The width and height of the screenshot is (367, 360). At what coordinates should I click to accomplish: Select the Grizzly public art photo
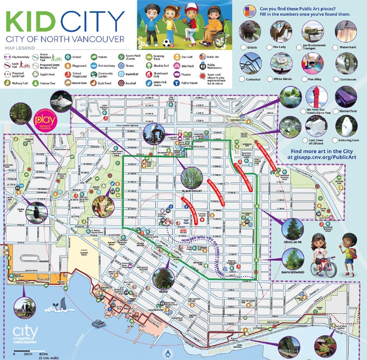click(x=249, y=31)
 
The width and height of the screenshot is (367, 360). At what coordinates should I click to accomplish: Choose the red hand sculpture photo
click(x=313, y=95)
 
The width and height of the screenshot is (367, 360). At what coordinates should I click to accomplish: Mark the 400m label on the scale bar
click(x=38, y=354)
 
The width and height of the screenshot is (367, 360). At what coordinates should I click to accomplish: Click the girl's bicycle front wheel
click(x=331, y=269)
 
